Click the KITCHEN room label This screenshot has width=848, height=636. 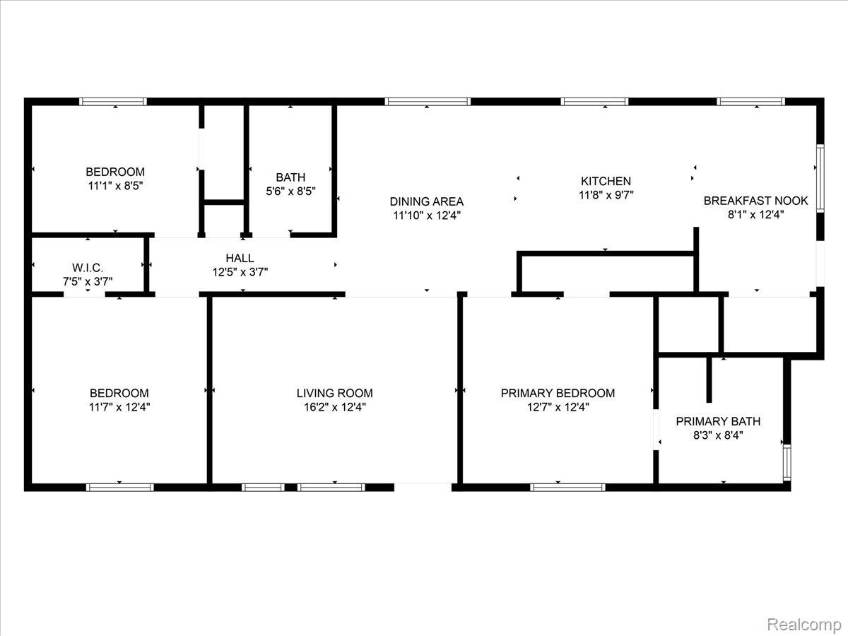pos(606,182)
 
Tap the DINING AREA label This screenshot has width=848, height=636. pos(427,201)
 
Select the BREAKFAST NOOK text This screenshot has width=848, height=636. pos(755,201)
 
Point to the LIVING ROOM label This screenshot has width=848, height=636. pos(334,393)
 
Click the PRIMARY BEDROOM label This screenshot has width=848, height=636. pos(558,393)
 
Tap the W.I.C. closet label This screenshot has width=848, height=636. pos(88,267)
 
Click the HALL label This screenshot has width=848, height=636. pos(240,258)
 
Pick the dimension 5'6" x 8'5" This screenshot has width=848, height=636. pos(290,191)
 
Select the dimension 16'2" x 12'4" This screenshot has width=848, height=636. pos(334,407)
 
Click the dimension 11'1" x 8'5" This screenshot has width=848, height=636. pos(115,186)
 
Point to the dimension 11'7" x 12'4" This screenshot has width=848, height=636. pos(119,407)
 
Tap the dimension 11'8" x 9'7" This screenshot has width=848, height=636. pos(606,196)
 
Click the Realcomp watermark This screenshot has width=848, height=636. pos(804,624)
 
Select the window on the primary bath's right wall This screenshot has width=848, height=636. pos(787,462)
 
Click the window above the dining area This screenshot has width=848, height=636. pos(427,102)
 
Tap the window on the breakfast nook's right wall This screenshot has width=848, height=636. pos(820,178)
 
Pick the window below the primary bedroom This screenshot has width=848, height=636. pos(567,487)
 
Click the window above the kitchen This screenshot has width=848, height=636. pos(594,102)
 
